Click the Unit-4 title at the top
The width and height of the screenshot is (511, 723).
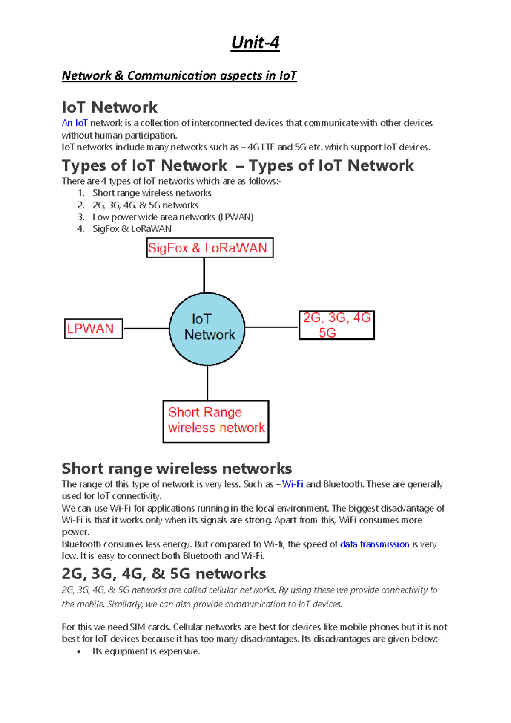pyautogui.click(x=255, y=43)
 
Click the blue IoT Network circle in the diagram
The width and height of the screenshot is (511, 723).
pyautogui.click(x=207, y=329)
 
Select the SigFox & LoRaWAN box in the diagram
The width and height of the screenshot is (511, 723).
pyautogui.click(x=210, y=248)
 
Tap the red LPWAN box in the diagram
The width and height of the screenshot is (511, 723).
pyautogui.click(x=93, y=329)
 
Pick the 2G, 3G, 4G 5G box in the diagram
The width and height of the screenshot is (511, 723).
pyautogui.click(x=336, y=325)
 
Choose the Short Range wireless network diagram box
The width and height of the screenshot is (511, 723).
pyautogui.click(x=216, y=421)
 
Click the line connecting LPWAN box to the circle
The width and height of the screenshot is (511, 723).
pyautogui.click(x=146, y=328)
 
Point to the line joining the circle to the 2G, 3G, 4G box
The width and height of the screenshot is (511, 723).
pyautogui.click(x=272, y=327)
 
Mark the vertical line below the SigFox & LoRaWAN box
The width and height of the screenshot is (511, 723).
pyautogui.click(x=204, y=275)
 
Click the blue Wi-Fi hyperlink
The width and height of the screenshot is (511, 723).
pyautogui.click(x=293, y=484)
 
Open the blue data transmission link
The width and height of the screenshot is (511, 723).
pyautogui.click(x=374, y=544)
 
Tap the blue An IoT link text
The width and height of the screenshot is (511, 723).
pyautogui.click(x=75, y=123)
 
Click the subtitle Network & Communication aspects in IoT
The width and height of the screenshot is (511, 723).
pyautogui.click(x=179, y=76)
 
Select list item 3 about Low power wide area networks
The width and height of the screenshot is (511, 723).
pyautogui.click(x=172, y=217)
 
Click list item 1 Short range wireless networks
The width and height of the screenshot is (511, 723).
pyautogui.click(x=152, y=193)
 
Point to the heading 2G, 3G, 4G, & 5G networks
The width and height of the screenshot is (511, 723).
pyautogui.click(x=164, y=573)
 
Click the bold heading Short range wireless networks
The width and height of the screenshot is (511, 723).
pyautogui.click(x=176, y=468)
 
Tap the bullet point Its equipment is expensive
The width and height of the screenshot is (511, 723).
pyautogui.click(x=146, y=651)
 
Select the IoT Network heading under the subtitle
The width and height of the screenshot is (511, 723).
pyautogui.click(x=109, y=107)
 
